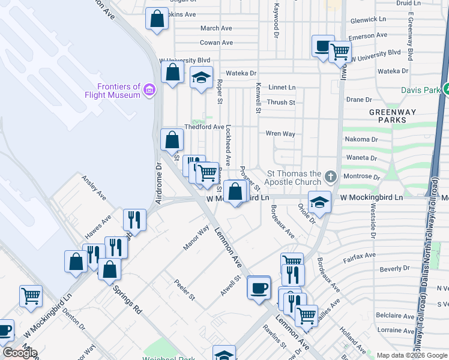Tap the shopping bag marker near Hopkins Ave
point(157,18)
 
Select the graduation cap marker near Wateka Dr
point(202,77)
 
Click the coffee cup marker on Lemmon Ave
point(259,287)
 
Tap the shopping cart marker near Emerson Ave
point(340,52)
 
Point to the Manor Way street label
point(196,238)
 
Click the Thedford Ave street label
point(204,127)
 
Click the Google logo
point(19,353)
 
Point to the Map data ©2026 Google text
point(412,355)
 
